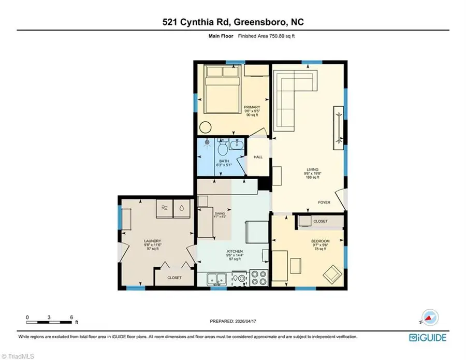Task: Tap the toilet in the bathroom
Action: pos(221,149)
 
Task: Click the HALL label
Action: pos(257,157)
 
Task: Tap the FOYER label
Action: pos(325,203)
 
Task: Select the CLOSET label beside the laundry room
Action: pos(174,278)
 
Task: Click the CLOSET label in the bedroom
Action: pos(321,221)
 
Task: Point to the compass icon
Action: pos(429,316)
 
